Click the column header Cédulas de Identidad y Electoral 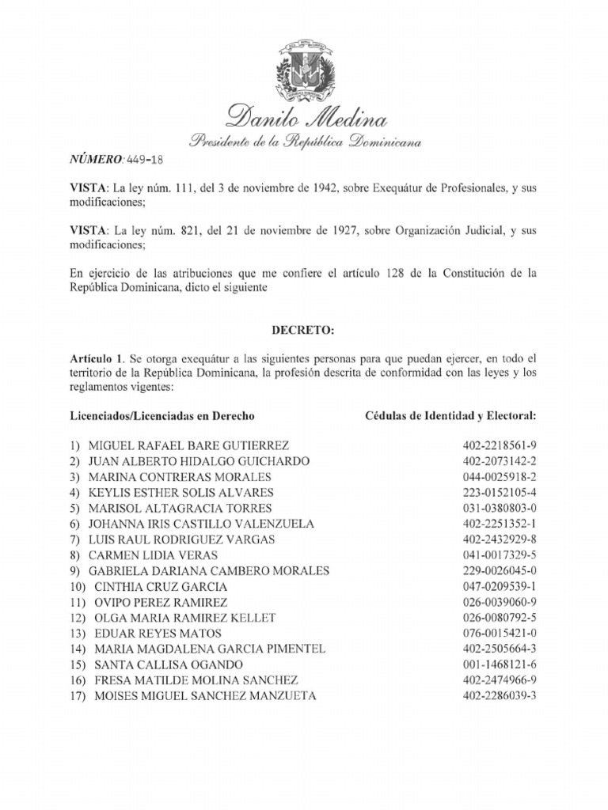[x=450, y=415]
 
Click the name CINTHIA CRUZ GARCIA [x=161, y=586]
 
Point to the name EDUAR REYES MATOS [x=158, y=634]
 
